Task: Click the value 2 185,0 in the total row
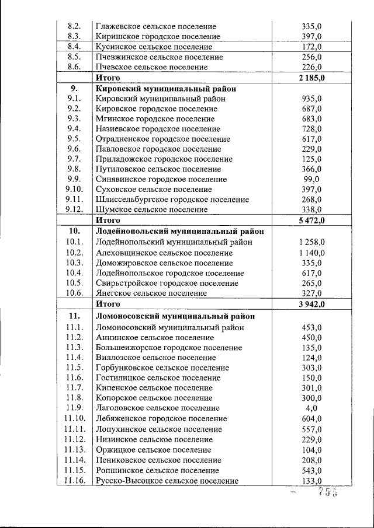click(x=311, y=78)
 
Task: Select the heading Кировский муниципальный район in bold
click(x=166, y=89)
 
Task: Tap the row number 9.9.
click(x=74, y=179)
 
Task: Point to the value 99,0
click(x=311, y=179)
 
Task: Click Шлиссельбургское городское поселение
click(x=172, y=200)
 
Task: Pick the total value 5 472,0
click(x=311, y=220)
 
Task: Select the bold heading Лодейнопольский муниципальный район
click(x=179, y=231)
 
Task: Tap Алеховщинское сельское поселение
click(x=164, y=253)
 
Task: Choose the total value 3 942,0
click(x=311, y=304)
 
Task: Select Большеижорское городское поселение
click(x=168, y=348)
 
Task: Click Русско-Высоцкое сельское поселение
click(x=167, y=481)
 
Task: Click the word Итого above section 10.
click(x=108, y=220)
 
